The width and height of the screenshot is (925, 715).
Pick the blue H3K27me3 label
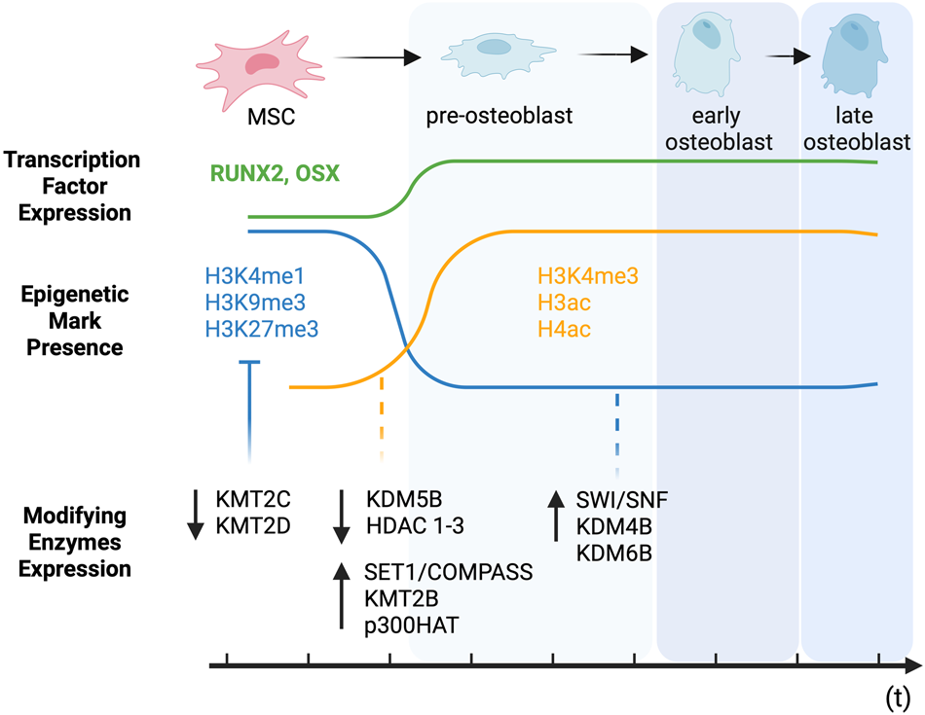tap(261, 330)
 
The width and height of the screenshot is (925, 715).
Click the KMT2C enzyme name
tap(254, 500)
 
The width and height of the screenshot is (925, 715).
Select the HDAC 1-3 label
tap(416, 527)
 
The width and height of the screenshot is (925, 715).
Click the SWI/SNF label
tap(622, 500)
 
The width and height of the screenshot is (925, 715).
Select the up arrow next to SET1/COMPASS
tap(342, 596)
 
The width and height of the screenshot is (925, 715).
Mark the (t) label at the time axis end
tap(898, 696)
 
